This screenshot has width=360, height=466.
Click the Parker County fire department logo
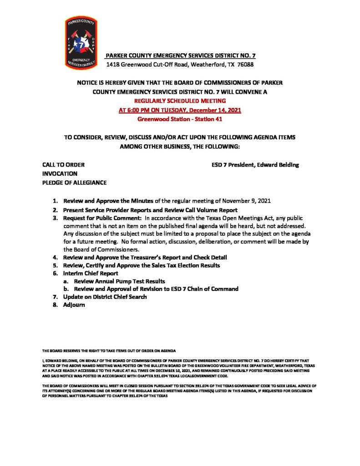point(81,43)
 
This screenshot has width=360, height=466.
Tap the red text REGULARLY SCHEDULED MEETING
point(180,101)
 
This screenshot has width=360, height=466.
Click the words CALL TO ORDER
point(63,165)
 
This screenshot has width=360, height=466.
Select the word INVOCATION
point(60,174)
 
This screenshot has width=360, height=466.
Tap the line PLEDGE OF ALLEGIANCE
point(75,183)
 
